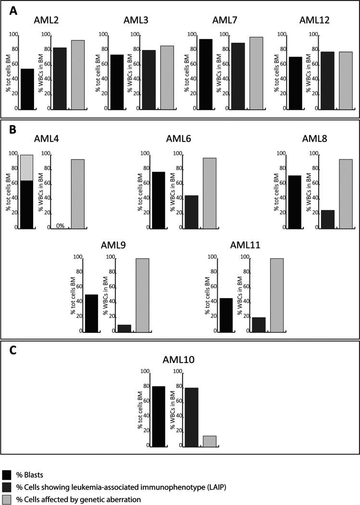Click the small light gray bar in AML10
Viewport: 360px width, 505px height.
tap(210, 441)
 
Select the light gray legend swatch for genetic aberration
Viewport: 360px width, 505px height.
tap(7, 499)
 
